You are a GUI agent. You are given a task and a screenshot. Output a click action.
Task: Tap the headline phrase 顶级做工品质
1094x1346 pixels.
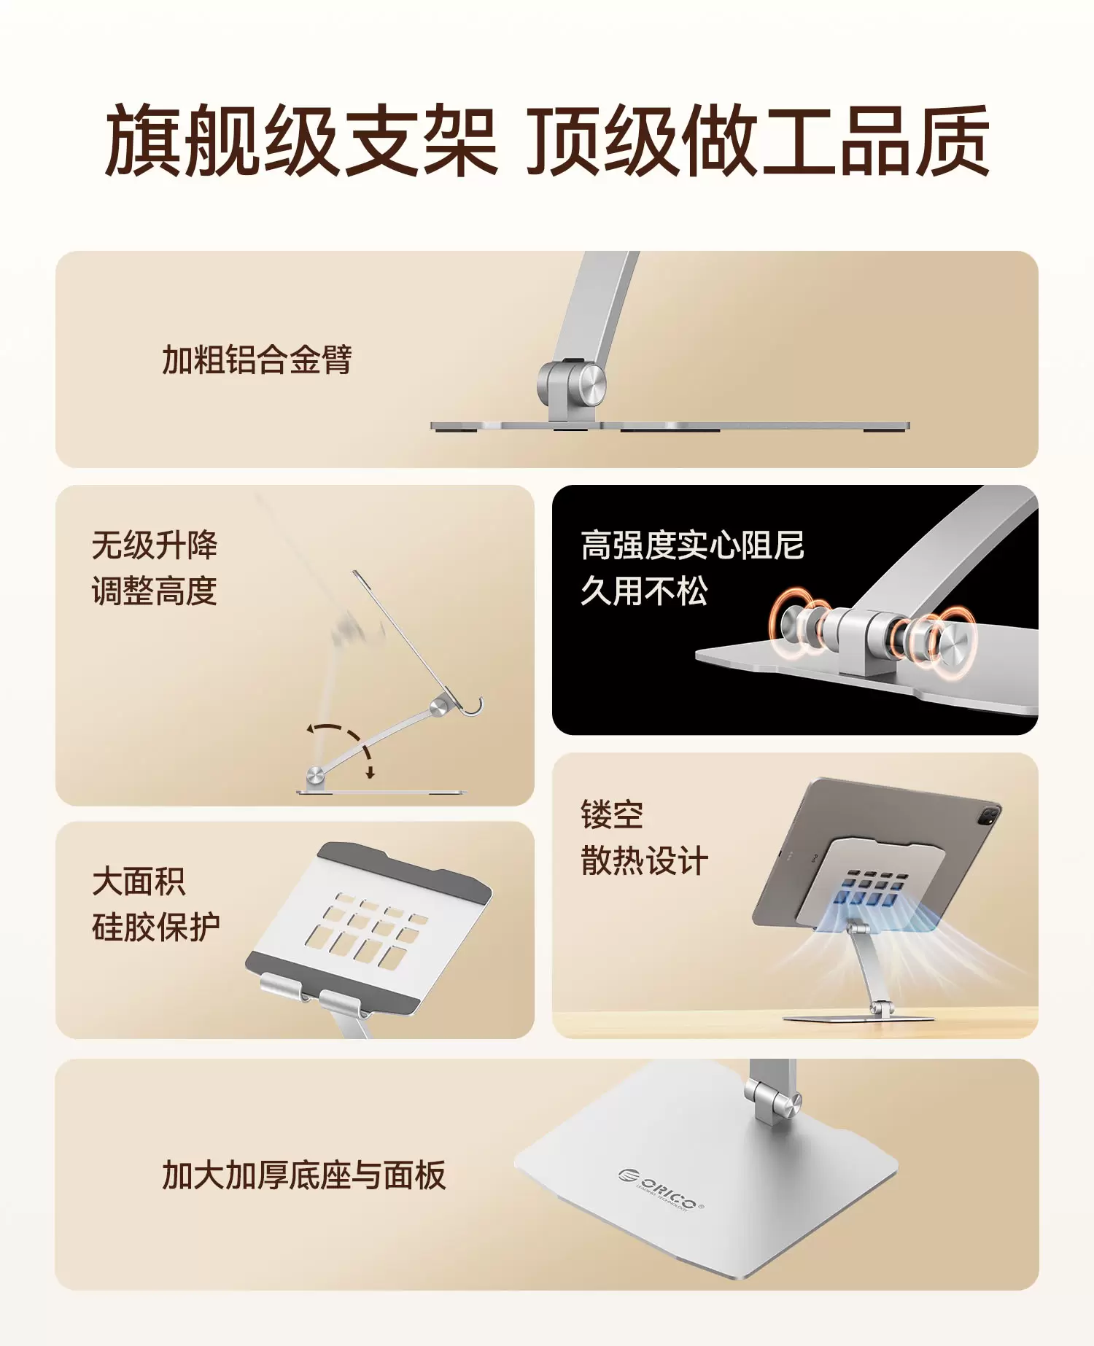pos(759,140)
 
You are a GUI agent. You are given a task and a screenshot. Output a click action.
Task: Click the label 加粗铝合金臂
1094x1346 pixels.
pos(257,359)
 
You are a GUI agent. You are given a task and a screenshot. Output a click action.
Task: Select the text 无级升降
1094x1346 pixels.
pos(155,545)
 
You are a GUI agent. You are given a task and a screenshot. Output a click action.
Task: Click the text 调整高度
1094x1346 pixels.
pos(155,591)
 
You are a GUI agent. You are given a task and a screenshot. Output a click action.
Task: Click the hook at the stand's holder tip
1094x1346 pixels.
pos(473,707)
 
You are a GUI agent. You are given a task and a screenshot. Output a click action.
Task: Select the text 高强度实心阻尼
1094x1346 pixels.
pos(692,545)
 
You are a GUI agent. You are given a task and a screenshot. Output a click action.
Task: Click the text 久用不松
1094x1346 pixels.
pos(644,591)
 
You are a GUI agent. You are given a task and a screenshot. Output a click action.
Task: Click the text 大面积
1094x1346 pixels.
pos(139,882)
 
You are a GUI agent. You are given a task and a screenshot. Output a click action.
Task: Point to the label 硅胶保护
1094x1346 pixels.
pos(155,927)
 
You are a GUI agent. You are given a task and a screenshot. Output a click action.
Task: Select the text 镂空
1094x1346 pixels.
pos(612,814)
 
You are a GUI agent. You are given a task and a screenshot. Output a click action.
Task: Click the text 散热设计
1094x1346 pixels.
pos(644,860)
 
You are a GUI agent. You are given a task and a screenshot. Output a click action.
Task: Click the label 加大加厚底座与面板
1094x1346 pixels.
pos(303,1175)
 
